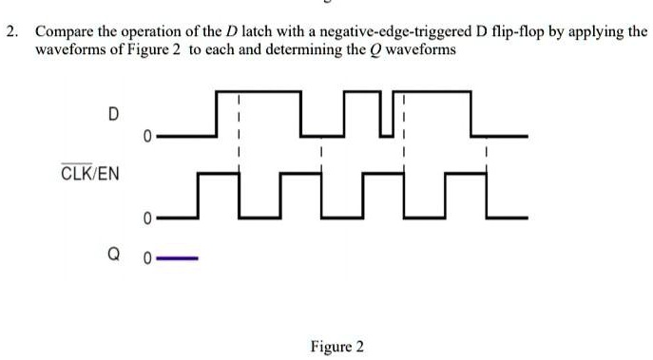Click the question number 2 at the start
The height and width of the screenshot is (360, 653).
[10, 31]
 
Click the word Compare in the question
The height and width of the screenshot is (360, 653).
[64, 31]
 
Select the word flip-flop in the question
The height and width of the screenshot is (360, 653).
[514, 31]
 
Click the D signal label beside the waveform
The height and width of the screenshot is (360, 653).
[113, 115]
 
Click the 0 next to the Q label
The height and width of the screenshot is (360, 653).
[148, 257]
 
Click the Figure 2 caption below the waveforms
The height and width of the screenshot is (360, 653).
[337, 347]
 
